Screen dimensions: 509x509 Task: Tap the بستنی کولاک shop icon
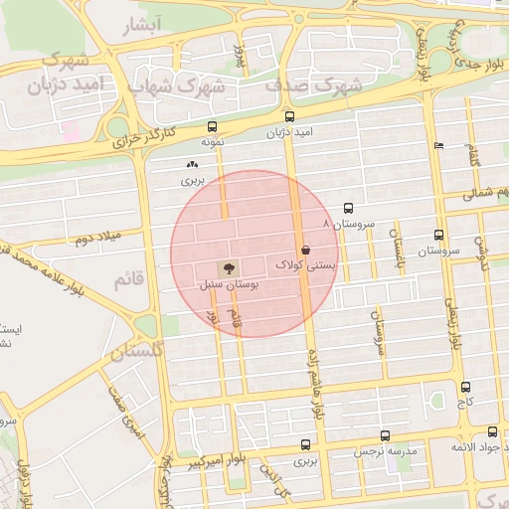(x=305, y=251)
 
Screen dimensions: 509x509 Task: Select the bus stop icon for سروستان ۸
(x=348, y=209)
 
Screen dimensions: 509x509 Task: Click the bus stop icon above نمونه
(x=212, y=126)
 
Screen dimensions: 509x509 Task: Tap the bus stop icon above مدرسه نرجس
(x=386, y=435)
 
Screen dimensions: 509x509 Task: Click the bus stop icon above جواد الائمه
(x=493, y=431)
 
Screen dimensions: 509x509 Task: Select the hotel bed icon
(x=439, y=146)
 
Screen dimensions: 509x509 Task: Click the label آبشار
(x=140, y=26)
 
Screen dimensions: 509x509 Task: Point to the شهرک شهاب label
(x=194, y=86)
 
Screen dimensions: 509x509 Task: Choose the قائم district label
(x=130, y=280)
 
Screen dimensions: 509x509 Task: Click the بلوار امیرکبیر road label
(x=214, y=460)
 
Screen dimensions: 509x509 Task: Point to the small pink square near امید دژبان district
(x=71, y=130)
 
